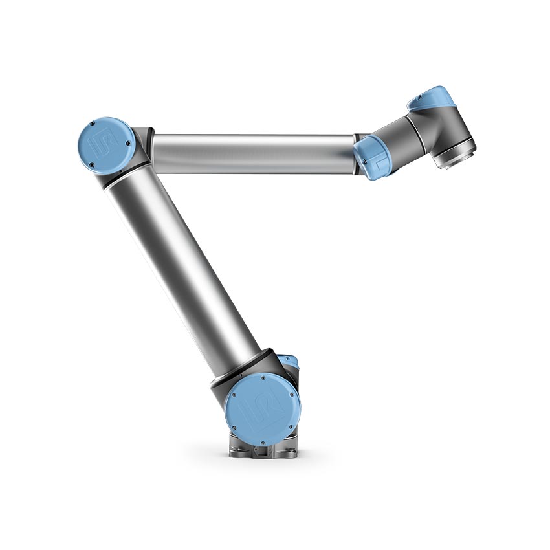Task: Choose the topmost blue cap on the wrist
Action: click(432, 97)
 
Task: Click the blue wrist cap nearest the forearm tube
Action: click(370, 157)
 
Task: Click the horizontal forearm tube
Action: click(252, 154)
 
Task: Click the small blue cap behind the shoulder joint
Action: click(292, 362)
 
